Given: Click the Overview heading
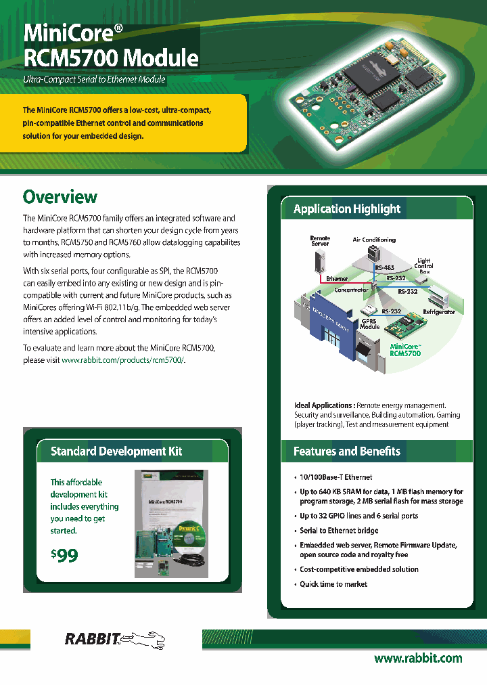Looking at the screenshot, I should click(x=60, y=197).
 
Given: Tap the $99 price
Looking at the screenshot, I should click(x=65, y=556).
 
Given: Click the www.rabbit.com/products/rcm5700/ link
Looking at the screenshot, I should click(x=123, y=361).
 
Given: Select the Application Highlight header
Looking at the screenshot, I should click(x=347, y=209).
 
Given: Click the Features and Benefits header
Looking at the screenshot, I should click(x=347, y=451).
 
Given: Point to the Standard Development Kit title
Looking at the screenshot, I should click(x=116, y=451).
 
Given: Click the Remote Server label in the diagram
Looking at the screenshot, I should click(x=320, y=241).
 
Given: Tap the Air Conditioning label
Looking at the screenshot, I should click(x=374, y=240).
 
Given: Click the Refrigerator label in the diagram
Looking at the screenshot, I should click(x=444, y=312).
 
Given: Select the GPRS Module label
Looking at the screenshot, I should click(x=369, y=323).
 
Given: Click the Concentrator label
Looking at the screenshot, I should click(x=351, y=290).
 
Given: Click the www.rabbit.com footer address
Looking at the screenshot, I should click(x=418, y=658).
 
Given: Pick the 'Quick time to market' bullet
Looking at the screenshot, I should click(x=333, y=583).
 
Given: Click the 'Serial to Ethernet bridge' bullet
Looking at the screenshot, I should click(x=339, y=531).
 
